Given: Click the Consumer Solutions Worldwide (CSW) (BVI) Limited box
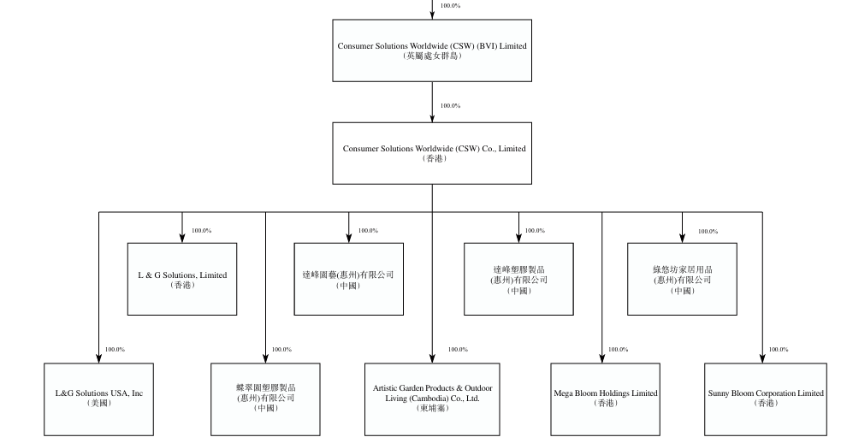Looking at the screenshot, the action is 432,50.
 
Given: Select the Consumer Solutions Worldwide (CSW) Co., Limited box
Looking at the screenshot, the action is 432,153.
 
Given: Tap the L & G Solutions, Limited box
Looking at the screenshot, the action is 182,279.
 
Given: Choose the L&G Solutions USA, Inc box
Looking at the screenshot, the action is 98,399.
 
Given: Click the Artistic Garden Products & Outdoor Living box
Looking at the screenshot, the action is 432,399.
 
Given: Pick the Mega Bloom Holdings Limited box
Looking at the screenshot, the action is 605,399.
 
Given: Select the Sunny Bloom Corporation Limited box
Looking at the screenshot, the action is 766,399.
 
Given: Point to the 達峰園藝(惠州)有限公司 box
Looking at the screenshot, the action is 348,279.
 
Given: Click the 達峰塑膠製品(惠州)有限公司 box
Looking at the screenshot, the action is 518,279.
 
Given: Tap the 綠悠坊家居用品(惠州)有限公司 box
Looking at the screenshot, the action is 682,279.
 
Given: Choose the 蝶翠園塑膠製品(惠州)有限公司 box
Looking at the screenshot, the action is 265,399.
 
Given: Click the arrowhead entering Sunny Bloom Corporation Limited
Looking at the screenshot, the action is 762,359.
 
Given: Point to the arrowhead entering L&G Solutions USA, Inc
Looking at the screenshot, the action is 98,359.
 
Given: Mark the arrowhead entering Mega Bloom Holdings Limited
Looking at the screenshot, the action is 601,359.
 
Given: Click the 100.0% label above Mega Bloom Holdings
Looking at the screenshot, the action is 618,349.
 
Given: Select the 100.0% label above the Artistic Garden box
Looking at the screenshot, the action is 458,349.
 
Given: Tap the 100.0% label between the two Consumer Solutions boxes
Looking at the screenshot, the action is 450,106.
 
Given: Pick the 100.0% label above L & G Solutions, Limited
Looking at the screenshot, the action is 201,231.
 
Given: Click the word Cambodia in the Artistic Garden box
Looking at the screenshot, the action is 429,399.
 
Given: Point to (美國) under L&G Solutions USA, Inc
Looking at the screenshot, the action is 99,404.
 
